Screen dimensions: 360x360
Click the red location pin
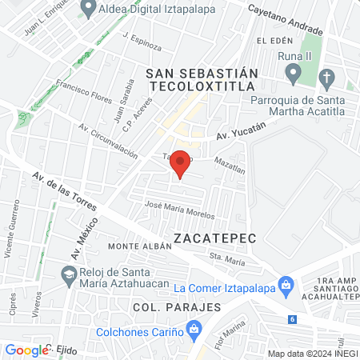click(181, 163)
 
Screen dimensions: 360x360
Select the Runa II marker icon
click(294, 74)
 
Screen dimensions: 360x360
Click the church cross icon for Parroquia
click(326, 78)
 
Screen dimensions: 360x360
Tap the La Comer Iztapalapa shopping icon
click(285, 285)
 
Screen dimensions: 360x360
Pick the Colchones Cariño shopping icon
click(193, 328)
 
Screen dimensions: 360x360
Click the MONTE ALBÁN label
click(141, 246)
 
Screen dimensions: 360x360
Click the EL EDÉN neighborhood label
click(272, 40)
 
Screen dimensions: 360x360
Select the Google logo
click(26, 350)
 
